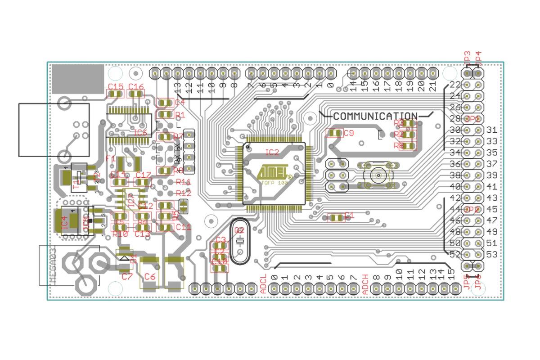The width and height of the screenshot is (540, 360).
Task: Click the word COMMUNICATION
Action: [x=375, y=116]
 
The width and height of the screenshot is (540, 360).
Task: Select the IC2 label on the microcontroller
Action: [x=272, y=152]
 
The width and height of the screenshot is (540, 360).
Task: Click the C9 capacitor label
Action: [x=349, y=133]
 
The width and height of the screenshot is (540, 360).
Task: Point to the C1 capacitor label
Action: [x=349, y=216]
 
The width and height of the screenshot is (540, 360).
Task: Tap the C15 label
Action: [x=115, y=86]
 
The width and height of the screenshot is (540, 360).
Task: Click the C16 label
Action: [x=136, y=86]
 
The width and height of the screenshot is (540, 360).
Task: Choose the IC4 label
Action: [x=65, y=221]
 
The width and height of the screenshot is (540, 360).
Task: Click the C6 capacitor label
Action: [x=150, y=277]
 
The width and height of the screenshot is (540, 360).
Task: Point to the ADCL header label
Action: [x=264, y=284]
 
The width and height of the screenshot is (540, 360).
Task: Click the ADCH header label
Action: [x=365, y=284]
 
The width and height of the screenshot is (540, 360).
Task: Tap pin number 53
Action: [x=492, y=255]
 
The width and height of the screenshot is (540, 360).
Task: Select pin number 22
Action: [x=454, y=85]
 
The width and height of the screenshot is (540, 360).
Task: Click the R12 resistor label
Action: [x=184, y=193]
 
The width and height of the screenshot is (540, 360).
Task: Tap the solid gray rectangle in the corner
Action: [x=78, y=79]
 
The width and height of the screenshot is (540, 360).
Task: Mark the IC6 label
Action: [x=140, y=133]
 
